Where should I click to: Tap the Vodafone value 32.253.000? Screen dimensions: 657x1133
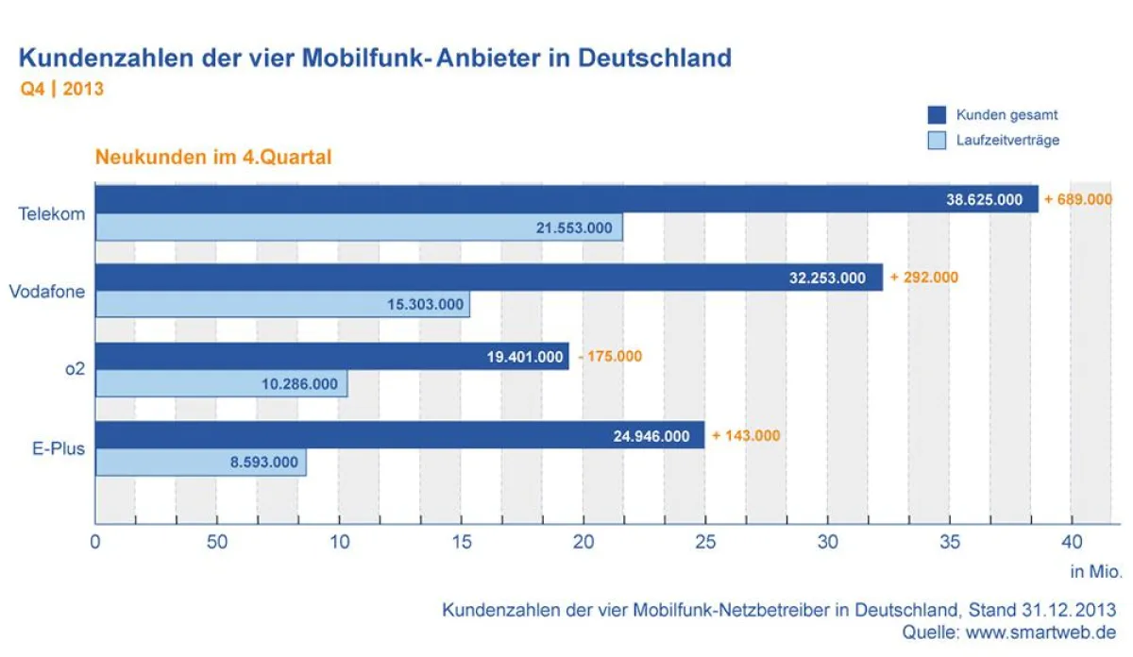826,278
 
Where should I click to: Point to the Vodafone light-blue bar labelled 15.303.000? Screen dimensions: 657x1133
283,305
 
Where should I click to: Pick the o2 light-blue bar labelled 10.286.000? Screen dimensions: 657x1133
221,384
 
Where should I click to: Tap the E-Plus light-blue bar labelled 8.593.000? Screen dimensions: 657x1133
200,463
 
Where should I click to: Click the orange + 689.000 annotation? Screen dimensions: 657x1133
1077,199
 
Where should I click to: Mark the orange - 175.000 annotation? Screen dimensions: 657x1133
609,357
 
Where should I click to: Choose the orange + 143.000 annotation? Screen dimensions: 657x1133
746,435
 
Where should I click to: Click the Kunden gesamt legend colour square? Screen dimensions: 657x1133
937,115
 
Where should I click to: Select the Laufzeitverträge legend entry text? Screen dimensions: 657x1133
1007,141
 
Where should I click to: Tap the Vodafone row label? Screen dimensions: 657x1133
47,292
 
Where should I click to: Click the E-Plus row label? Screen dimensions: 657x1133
53,448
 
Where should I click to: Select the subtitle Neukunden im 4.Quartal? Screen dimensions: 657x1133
213,158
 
